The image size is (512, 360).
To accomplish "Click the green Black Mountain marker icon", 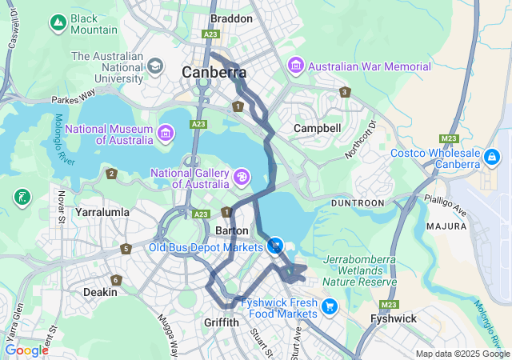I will click(58, 24).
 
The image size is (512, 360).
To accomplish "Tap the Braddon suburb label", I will click(231, 18).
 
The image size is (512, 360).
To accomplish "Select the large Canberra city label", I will click(214, 73).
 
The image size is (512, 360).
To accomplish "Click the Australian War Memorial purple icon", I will click(296, 64).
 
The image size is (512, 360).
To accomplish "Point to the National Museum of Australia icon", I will click(166, 132).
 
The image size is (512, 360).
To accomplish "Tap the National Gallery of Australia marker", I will click(241, 175).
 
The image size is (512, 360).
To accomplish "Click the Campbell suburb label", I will click(317, 128).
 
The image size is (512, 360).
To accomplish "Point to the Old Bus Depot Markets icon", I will click(275, 246).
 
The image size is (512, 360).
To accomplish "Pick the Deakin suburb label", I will click(100, 292).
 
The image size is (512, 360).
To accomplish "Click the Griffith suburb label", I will click(221, 322).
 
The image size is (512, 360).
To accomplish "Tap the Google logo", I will click(26, 350).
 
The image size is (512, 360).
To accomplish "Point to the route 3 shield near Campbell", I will click(345, 92).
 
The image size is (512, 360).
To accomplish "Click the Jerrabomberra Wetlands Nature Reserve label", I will click(359, 271).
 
